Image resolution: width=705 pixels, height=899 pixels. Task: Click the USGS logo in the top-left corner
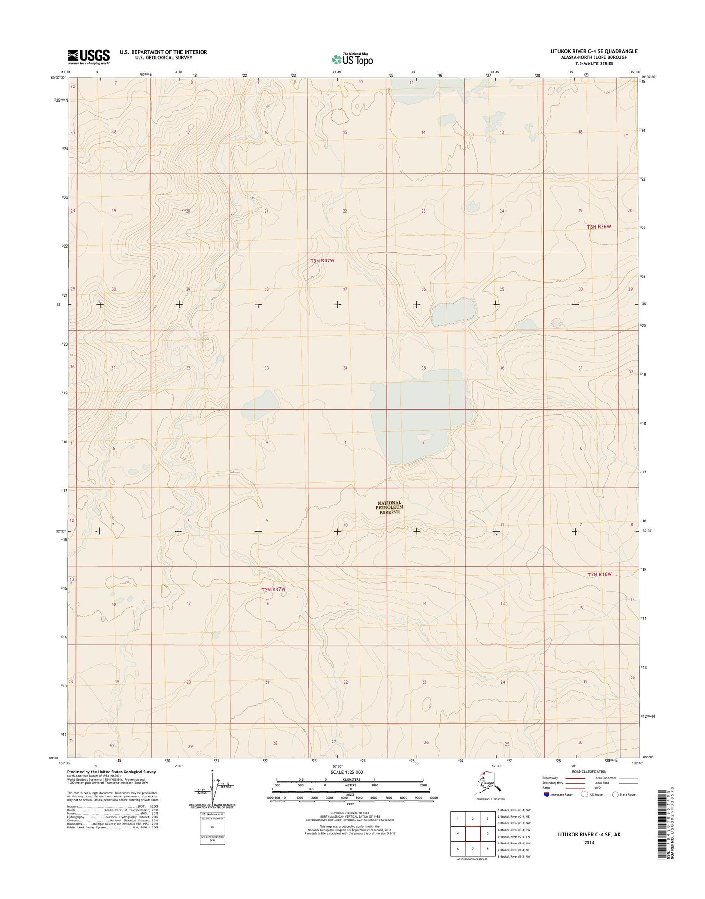(x=88, y=57)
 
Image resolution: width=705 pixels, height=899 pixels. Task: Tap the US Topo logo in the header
(x=352, y=59)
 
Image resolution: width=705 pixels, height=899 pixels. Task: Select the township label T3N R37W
(x=322, y=260)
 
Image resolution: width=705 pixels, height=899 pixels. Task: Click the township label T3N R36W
(x=598, y=227)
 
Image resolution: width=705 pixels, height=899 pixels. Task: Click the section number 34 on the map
(x=345, y=368)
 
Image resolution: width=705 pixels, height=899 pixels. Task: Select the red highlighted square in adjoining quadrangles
(x=473, y=834)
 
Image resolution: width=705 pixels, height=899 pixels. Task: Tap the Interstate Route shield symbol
(x=546, y=794)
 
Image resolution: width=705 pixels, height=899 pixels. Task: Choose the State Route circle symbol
(x=615, y=794)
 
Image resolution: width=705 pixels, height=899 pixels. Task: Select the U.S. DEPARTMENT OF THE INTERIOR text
(x=163, y=52)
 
